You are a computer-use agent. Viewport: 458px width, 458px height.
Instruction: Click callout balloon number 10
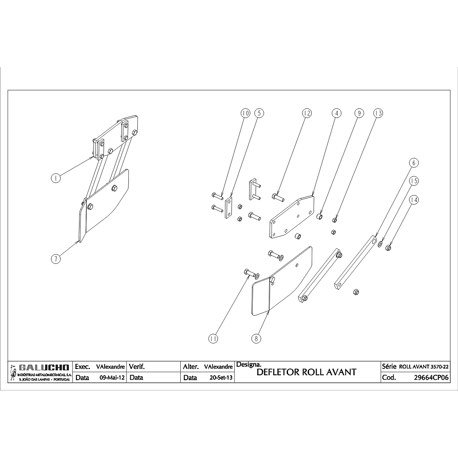click(x=245, y=114)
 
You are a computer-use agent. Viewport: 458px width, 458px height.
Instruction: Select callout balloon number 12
click(x=306, y=114)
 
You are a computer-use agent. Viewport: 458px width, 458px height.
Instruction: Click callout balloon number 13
click(x=378, y=114)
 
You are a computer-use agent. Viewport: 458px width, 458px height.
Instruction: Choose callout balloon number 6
click(x=413, y=163)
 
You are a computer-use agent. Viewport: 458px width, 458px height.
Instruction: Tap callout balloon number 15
click(x=414, y=181)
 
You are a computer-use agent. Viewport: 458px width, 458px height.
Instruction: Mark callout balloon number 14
click(x=414, y=200)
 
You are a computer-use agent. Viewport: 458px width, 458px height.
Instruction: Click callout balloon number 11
click(x=213, y=339)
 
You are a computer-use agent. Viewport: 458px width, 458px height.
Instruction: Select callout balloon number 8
click(x=256, y=339)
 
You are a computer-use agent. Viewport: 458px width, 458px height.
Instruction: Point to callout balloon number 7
click(x=55, y=259)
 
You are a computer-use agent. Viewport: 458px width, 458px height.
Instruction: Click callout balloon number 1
click(x=55, y=178)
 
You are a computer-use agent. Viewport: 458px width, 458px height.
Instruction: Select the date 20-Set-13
click(x=221, y=377)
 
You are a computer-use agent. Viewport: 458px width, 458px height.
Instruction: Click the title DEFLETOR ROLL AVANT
click(x=307, y=372)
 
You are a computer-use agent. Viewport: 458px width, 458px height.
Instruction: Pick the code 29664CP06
click(x=432, y=377)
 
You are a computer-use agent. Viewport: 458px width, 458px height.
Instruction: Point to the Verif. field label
click(x=137, y=367)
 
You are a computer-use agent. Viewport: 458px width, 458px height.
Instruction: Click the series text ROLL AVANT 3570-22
click(x=424, y=366)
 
